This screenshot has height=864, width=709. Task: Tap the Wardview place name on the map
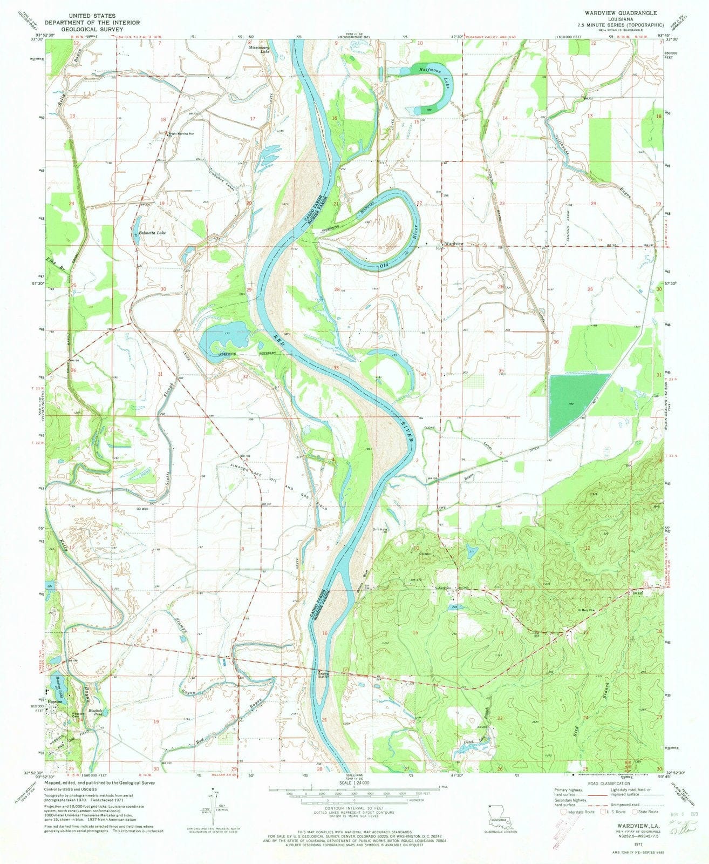453,244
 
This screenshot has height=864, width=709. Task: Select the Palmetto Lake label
153,233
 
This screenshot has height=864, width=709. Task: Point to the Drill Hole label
381,529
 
